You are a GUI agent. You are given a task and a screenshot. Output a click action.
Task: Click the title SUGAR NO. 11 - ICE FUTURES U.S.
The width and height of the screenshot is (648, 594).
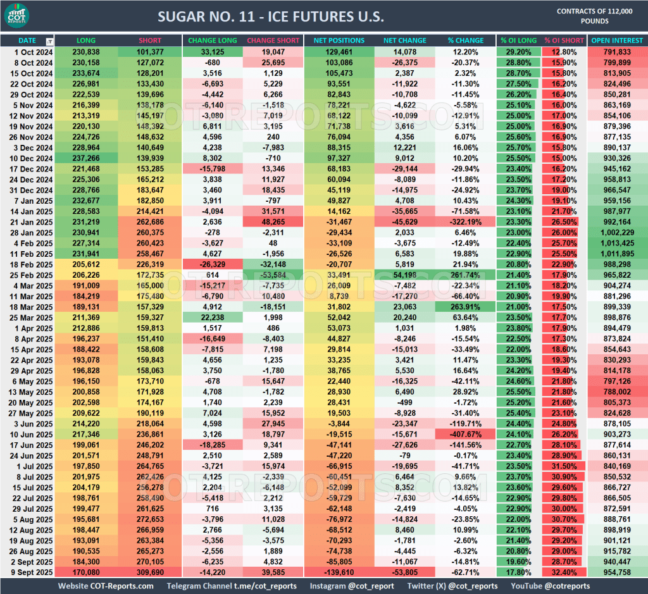[x=270, y=16]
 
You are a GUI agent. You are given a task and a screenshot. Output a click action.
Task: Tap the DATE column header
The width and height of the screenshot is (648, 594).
[x=27, y=40]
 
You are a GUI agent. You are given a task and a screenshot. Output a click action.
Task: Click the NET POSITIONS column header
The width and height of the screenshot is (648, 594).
[x=339, y=40]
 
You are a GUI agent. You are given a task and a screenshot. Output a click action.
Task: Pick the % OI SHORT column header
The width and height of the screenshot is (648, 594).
[x=564, y=40]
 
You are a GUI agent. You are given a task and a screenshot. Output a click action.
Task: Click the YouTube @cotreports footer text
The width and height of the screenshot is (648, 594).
[x=550, y=586]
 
